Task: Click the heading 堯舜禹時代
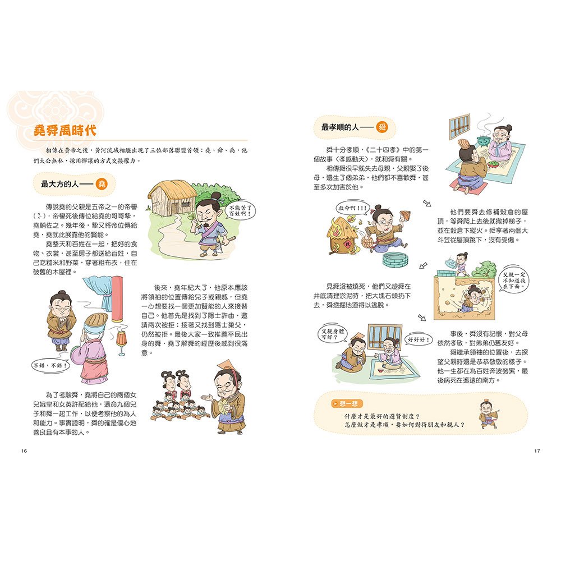click(65, 130)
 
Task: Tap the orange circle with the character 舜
click(381, 127)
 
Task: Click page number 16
click(23, 450)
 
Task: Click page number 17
click(537, 450)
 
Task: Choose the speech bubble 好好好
click(417, 339)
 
